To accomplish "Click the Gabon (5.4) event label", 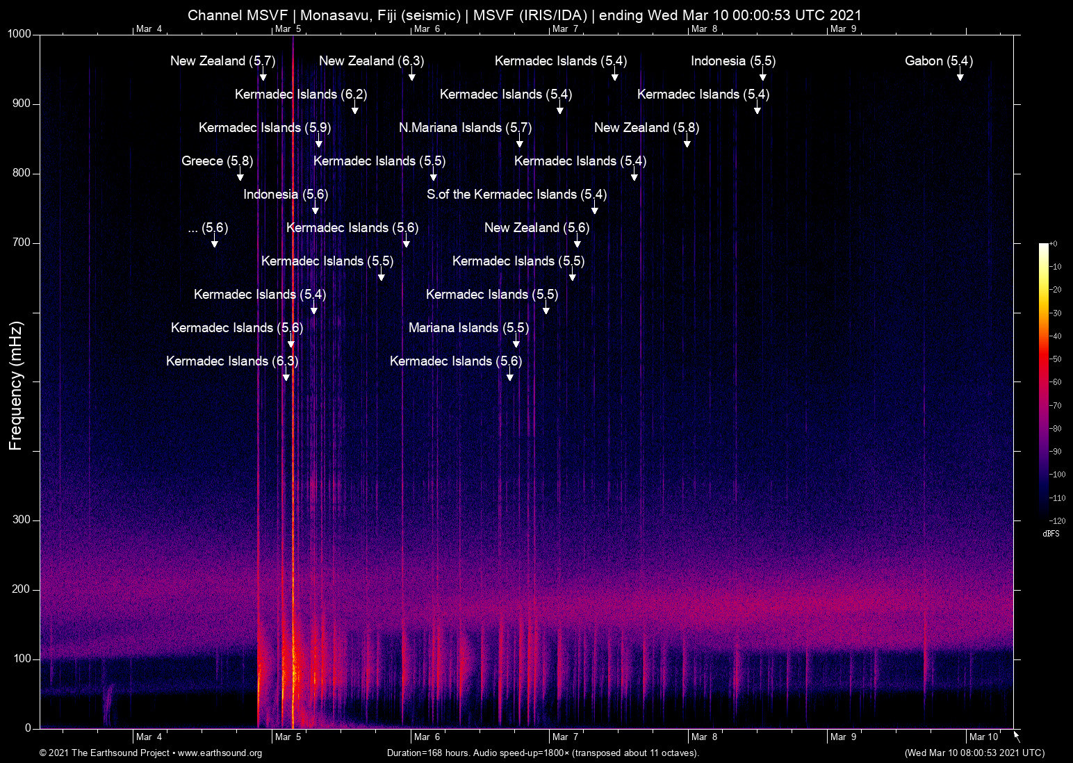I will coord(938,61).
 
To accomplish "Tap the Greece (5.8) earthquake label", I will coord(217,161).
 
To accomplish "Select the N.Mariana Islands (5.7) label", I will coord(465,128).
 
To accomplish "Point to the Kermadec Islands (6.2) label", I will coord(300,95).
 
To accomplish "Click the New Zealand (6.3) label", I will coord(371,61).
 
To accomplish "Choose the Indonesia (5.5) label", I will coord(732,61).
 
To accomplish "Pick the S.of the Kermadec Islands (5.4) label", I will coord(516,195).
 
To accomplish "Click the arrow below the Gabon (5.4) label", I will coord(960,76).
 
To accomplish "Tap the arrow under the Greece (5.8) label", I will coord(240,176).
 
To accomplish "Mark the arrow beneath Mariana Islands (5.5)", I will coord(516,343).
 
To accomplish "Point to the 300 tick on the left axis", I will coord(22,520).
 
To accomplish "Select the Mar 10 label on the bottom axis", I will coord(983,737).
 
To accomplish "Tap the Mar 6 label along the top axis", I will coord(427,28).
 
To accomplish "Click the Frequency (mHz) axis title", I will coord(15,385).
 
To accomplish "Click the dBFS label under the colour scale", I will coord(1051,534).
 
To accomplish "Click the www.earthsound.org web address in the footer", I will coord(220,753).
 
